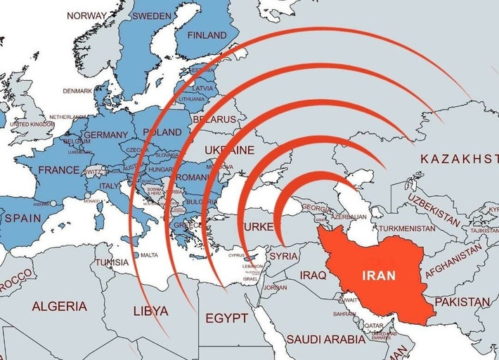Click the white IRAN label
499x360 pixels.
coord(378,276)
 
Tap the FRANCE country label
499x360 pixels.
coord(58,170)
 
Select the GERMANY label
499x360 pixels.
coord(105,135)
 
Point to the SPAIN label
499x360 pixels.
coord(23,219)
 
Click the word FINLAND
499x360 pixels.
coord(207,35)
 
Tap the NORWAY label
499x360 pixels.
coord(86,15)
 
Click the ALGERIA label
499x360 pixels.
coord(60,307)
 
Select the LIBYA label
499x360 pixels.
coord(150,311)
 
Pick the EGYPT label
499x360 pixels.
coord(226,319)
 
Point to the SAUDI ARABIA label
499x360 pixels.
coord(326,339)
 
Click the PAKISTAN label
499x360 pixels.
coord(462,302)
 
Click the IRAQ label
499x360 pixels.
coord(314,275)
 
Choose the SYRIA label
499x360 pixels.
coord(284,256)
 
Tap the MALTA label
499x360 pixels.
coord(149,255)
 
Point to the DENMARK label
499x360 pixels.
coord(77,91)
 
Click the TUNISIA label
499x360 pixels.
coord(112,262)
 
